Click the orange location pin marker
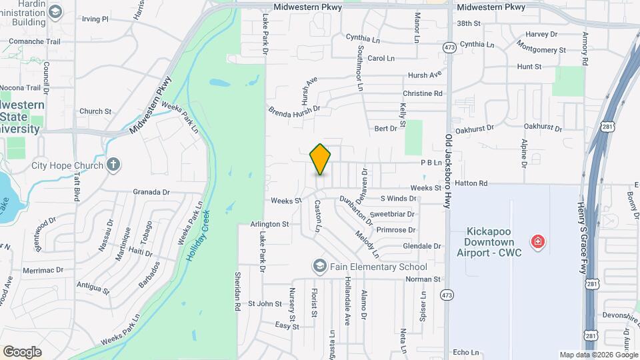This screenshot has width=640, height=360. pos(320,159)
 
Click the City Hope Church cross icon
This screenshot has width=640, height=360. pos(113,165)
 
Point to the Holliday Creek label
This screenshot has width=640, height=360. pos(198,235)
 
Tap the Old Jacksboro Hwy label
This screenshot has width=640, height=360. pos(449,169)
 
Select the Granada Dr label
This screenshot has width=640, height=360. pos(151,192)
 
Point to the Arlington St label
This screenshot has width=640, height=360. pos(270,225)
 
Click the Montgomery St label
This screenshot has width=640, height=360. pos(541,50)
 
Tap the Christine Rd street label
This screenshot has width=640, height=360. pos(423,94)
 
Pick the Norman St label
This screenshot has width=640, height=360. pos(423,279)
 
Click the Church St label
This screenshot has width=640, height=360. pos(95,111)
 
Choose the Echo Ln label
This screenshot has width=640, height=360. pos(465,352)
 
